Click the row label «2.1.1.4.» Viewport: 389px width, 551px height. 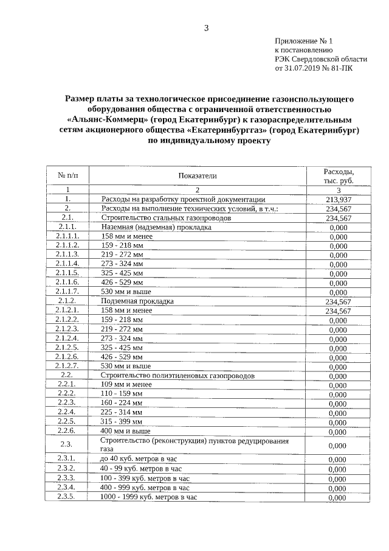[68, 264]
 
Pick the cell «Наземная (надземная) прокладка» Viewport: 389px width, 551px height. [156, 227]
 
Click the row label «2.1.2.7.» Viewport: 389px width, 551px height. [68, 366]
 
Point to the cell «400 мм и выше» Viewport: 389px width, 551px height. [125, 431]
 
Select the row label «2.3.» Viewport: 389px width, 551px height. [67, 444]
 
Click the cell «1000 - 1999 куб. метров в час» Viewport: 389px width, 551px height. [149, 497]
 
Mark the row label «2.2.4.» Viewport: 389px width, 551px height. [67, 412]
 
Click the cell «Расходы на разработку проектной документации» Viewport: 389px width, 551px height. [183, 199]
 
